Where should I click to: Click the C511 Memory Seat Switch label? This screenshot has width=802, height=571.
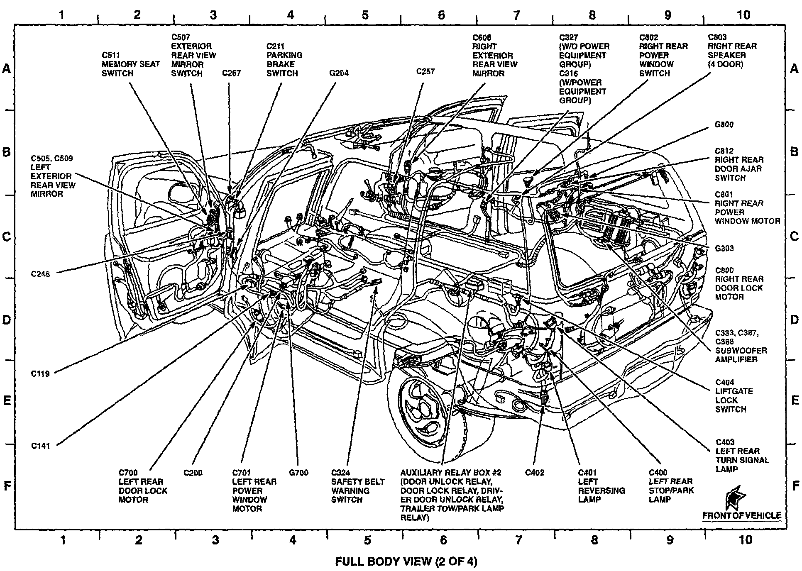click(x=131, y=64)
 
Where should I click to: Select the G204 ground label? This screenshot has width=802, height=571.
click(x=339, y=73)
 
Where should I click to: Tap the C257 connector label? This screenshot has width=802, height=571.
click(x=425, y=71)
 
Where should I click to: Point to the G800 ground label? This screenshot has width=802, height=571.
click(x=724, y=124)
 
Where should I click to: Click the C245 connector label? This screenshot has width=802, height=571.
click(x=41, y=274)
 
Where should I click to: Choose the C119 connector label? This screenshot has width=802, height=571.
click(x=40, y=373)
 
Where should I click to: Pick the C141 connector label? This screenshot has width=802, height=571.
click(x=41, y=446)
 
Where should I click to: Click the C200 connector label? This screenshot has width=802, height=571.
click(x=193, y=473)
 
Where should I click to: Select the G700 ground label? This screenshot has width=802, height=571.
click(x=298, y=473)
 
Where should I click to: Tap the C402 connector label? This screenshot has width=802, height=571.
click(x=534, y=473)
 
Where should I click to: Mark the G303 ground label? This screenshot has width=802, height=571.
click(x=724, y=249)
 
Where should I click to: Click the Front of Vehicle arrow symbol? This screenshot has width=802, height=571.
click(x=735, y=498)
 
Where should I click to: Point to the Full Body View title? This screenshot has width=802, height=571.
click(x=406, y=561)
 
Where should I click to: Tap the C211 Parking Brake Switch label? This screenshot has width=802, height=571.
click(x=284, y=59)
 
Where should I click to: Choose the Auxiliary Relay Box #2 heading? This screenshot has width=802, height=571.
click(x=451, y=473)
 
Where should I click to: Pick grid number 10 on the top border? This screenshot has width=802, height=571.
click(x=743, y=15)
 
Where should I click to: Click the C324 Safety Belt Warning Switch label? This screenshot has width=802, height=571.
click(x=357, y=486)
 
